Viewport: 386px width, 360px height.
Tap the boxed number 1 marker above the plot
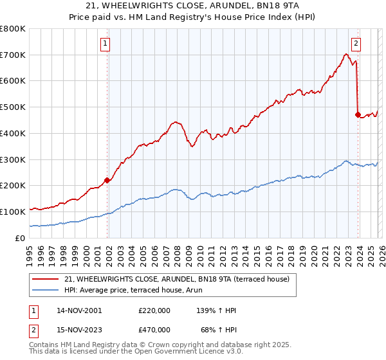105,44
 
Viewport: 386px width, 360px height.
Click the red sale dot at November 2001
107,180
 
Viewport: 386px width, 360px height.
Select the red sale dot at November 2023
358,114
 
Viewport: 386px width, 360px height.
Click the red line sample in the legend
46,279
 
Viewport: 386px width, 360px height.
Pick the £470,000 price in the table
154,329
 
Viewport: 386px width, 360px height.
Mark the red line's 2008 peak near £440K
174,121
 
